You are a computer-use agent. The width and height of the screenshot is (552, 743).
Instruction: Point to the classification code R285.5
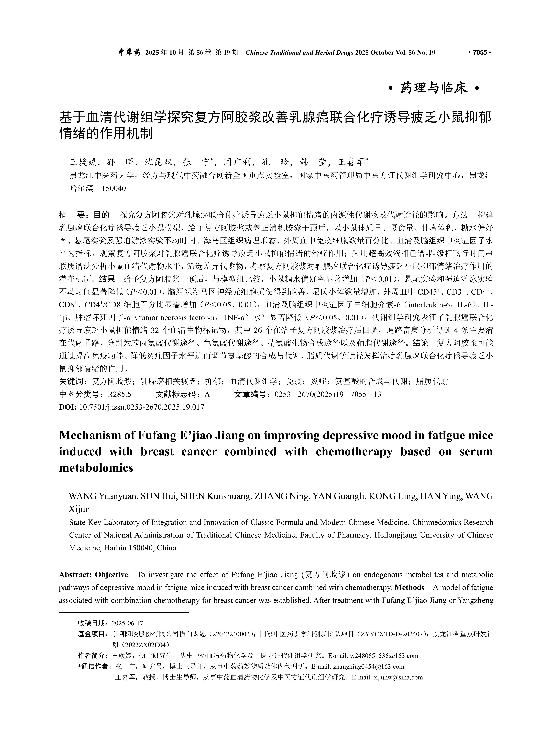coord(119,395)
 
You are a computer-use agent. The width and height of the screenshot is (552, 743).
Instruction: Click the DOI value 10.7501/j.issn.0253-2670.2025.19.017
coord(141,407)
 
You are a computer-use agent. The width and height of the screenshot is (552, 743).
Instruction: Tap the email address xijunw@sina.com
coord(398,678)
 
